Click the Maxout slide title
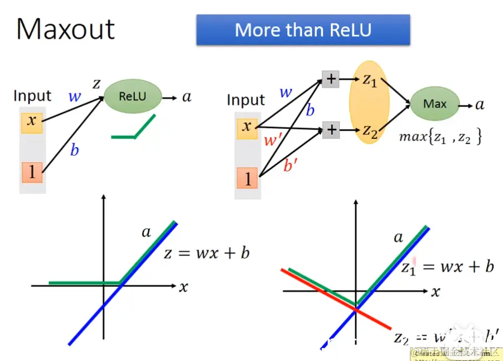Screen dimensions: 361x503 click(x=65, y=29)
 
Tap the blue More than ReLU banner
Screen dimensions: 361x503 click(x=303, y=30)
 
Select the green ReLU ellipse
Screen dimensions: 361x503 click(x=132, y=97)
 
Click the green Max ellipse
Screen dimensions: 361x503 click(x=435, y=104)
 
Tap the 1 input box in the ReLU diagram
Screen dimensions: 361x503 click(x=32, y=172)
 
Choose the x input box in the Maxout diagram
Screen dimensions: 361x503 click(x=247, y=127)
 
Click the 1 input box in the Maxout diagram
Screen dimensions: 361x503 click(x=247, y=179)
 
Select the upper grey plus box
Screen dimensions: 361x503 click(x=331, y=79)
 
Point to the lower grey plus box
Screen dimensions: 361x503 click(x=331, y=130)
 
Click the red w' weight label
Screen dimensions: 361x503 click(x=271, y=140)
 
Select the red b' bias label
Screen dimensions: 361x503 click(x=291, y=165)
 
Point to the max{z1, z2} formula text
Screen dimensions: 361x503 click(x=440, y=137)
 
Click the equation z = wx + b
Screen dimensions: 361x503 click(x=206, y=253)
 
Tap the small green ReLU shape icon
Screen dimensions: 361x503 click(x=133, y=129)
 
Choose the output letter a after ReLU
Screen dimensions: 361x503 click(x=187, y=97)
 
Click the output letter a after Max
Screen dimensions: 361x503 click(x=480, y=104)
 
